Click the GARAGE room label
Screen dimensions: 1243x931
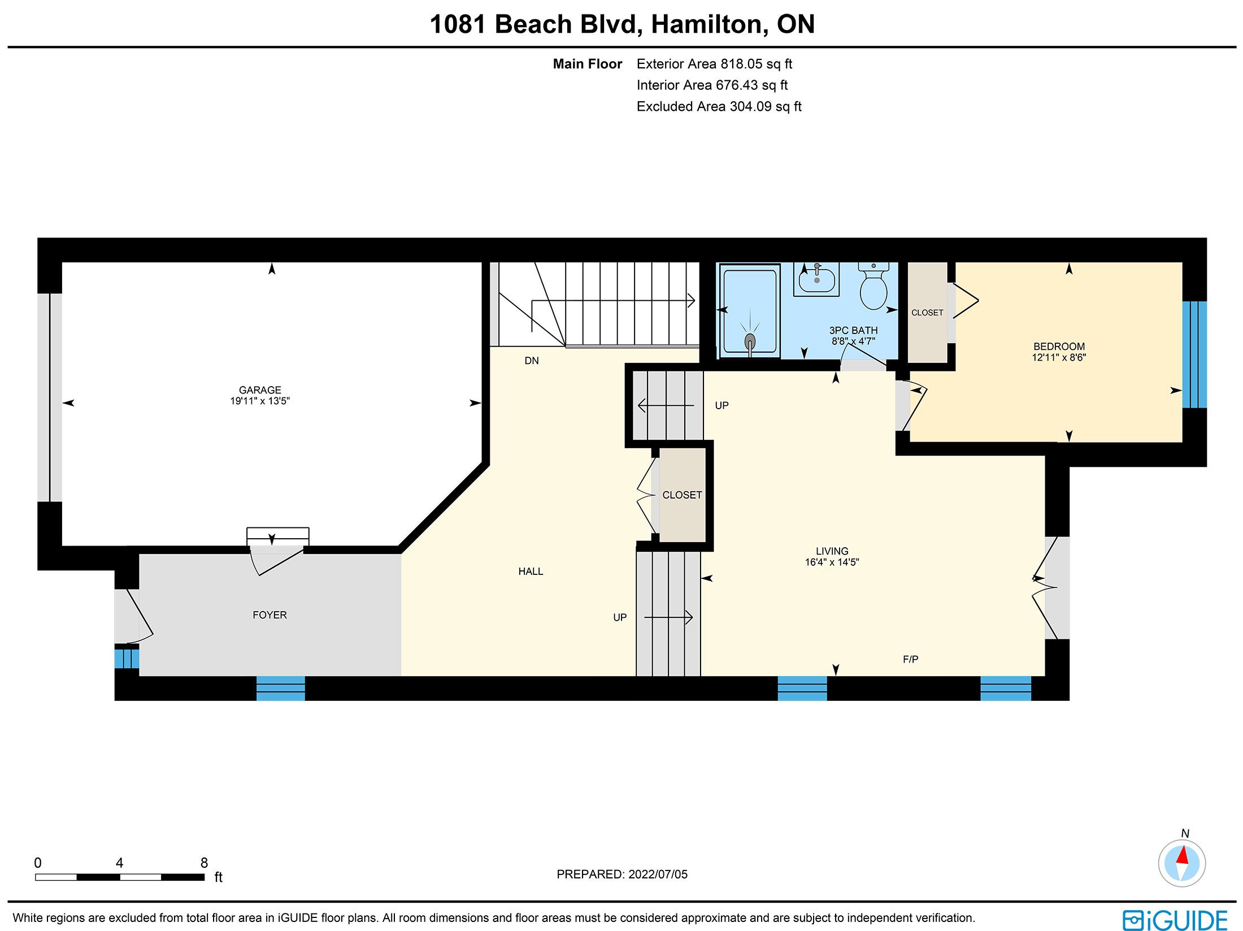click(x=260, y=390)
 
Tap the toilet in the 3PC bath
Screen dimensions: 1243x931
click(x=873, y=286)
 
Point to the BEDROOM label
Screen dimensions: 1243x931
click(x=1059, y=347)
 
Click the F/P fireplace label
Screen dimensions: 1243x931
click(x=910, y=659)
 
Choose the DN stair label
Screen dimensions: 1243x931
click(x=532, y=361)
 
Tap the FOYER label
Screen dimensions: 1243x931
click(x=270, y=615)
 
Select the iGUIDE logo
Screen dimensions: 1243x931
click(x=1175, y=920)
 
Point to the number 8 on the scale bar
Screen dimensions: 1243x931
click(x=204, y=863)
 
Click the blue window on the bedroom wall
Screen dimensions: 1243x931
click(x=1194, y=354)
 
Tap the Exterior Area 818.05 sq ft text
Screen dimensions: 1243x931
click(x=714, y=64)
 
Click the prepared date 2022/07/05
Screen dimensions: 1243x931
click(x=658, y=874)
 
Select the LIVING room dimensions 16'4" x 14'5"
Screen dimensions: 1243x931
click(x=832, y=562)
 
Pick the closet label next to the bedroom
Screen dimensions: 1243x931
click(x=927, y=313)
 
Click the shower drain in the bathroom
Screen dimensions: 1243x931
click(x=750, y=341)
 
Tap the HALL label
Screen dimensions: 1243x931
click(x=531, y=571)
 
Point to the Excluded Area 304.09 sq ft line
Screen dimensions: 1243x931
click(x=719, y=106)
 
